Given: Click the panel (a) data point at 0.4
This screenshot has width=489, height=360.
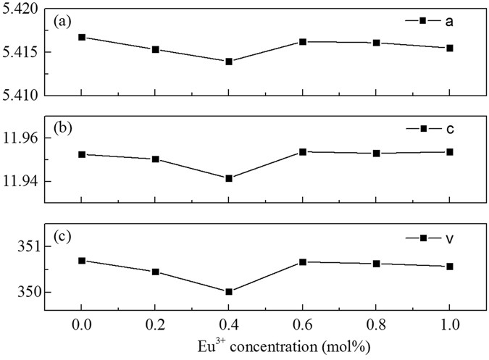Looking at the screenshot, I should (229, 62).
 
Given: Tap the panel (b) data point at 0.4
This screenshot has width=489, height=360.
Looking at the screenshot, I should (229, 178).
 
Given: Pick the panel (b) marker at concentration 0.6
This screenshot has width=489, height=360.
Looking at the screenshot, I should (303, 152).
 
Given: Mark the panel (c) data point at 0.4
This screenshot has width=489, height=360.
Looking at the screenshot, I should (229, 292).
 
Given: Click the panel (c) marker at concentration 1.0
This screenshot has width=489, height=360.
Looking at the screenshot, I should (450, 267).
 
